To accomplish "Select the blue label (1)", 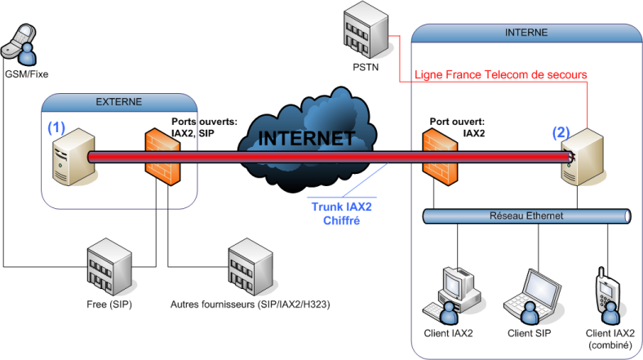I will tap(55, 127).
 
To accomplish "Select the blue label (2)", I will tap(561, 131).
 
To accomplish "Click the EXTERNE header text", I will tap(119, 102).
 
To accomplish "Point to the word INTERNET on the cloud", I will tap(307, 139).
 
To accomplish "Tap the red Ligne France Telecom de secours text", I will tap(501, 74).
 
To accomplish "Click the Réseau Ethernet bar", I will tap(526, 216).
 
